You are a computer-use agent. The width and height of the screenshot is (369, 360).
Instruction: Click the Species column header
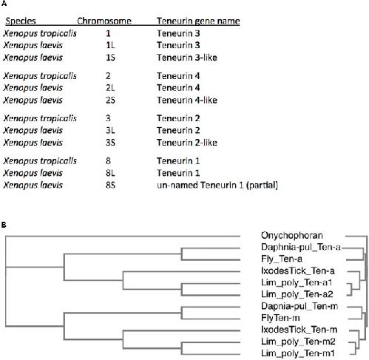coord(21,21)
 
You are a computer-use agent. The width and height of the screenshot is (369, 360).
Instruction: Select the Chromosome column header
coord(104,21)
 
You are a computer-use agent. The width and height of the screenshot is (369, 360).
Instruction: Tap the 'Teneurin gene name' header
coord(198,21)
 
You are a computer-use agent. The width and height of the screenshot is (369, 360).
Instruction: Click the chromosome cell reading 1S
coord(110,58)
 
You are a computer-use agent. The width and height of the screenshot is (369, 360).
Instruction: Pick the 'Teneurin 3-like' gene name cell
coord(187,58)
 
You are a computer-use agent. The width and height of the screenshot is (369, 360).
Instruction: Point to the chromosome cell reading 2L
coord(110,88)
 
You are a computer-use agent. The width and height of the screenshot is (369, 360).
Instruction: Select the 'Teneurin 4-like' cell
coord(187,100)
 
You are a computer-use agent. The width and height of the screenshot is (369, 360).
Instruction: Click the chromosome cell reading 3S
coord(110,143)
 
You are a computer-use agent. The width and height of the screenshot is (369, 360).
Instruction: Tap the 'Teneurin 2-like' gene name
coord(187,143)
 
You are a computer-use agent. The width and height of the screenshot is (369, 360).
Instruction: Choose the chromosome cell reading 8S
coord(110,185)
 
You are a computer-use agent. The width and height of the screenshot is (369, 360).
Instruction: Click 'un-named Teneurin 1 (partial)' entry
coord(217,185)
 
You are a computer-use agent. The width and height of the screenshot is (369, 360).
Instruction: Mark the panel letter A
coord(4,4)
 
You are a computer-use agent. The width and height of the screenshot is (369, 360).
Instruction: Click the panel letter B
coord(4,225)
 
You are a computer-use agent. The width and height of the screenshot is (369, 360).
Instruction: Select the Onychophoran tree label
coord(292,236)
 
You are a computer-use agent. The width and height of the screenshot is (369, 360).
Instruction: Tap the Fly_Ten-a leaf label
coord(282,259)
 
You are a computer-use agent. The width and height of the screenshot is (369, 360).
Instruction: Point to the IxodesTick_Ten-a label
coord(298,271)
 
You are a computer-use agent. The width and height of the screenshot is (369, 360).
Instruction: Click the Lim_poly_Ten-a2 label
coord(297,294)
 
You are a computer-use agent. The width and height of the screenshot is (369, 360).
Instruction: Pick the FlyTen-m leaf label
coord(280,318)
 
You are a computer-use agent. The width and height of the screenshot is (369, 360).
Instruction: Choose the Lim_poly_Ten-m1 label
coord(298,353)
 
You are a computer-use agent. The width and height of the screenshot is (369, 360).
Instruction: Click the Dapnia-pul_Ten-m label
coord(299,306)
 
